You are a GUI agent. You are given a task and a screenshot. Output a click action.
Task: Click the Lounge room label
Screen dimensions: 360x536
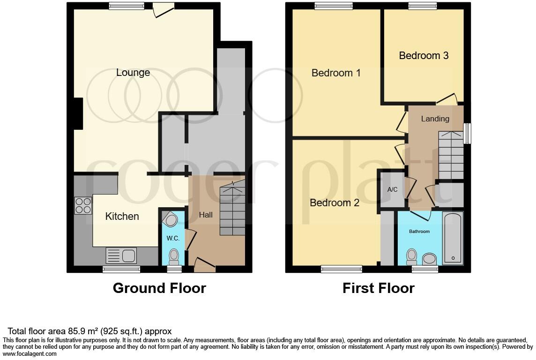[133, 73]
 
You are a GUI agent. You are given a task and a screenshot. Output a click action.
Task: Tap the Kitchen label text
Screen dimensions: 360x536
[122, 216]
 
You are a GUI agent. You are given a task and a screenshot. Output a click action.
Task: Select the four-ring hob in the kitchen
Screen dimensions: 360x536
[83, 205]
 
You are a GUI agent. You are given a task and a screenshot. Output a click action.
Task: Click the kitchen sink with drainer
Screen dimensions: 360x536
[121, 255]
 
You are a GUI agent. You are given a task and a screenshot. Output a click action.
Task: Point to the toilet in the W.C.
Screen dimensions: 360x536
[174, 256]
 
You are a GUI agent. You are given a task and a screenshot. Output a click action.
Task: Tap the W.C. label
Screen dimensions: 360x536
[173, 238]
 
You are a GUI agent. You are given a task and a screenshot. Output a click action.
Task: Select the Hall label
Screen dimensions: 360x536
[206, 215]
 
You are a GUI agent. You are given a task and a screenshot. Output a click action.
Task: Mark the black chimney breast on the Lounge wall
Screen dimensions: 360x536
[78, 113]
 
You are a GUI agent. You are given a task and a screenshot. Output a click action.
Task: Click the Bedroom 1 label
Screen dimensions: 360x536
[336, 73]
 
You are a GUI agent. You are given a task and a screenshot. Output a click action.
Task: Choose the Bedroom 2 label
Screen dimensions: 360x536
[335, 203]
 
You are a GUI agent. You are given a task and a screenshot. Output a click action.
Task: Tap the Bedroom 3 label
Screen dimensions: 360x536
[424, 55]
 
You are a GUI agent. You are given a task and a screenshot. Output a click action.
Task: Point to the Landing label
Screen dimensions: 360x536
[435, 119]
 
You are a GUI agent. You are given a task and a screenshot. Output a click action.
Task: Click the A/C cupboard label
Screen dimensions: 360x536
[392, 189]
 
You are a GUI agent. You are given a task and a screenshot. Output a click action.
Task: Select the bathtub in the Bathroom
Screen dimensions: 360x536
[452, 239]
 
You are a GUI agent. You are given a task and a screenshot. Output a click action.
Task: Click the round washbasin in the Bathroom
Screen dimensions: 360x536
[429, 258]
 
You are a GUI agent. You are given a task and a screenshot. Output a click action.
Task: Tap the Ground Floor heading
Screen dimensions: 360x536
[159, 288]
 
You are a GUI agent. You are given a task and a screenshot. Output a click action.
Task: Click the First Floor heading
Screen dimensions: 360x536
[378, 288]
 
